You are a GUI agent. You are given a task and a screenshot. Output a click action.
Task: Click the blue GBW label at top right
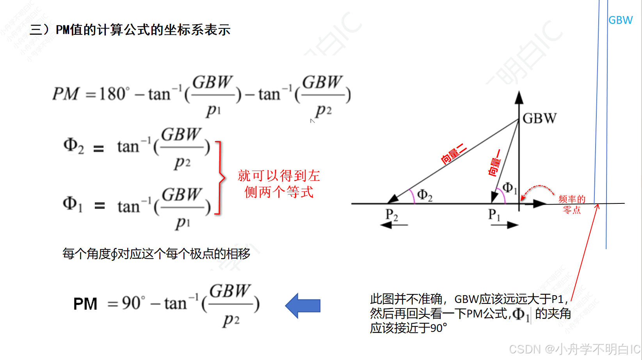(620, 20)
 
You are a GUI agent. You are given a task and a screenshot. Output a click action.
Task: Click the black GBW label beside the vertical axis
(539, 118)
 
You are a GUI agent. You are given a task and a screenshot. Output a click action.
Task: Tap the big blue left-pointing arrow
(303, 305)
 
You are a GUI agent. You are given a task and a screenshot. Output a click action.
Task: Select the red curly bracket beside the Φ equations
(220, 178)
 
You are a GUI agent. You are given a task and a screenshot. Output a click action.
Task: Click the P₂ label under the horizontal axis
(391, 215)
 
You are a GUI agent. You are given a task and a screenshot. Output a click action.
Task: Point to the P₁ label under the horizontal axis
(494, 215)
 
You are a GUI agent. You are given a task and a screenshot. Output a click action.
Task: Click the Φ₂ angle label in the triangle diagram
(425, 195)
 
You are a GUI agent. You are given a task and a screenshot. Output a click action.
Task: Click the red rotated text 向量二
(453, 153)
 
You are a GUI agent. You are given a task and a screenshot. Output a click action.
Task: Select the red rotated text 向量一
(494, 162)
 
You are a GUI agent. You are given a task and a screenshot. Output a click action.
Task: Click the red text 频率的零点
(572, 204)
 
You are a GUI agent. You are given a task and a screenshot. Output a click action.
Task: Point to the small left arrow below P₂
(394, 225)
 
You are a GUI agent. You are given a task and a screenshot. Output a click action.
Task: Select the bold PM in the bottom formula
(85, 304)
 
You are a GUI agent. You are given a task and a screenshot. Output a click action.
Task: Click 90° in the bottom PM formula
(133, 303)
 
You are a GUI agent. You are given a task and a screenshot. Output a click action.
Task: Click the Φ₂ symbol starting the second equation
(73, 146)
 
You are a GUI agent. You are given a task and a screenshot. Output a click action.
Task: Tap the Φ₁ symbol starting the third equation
(73, 204)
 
